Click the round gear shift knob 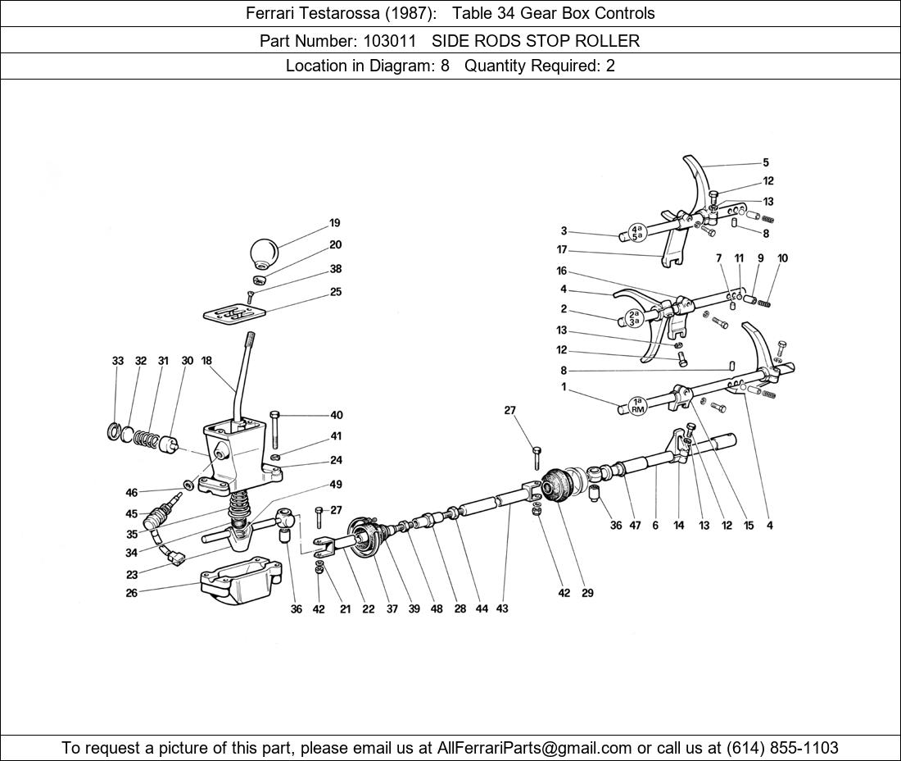[264, 253]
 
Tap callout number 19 [335, 223]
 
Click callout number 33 [118, 361]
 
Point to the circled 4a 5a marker [636, 231]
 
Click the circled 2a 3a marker [634, 318]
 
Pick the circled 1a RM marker [638, 406]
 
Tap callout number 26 [132, 592]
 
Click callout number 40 [337, 415]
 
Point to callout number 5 [766, 163]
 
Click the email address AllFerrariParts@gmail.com [535, 748]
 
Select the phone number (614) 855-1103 [782, 748]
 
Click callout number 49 [336, 485]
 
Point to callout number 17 [562, 249]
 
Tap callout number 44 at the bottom [482, 608]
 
